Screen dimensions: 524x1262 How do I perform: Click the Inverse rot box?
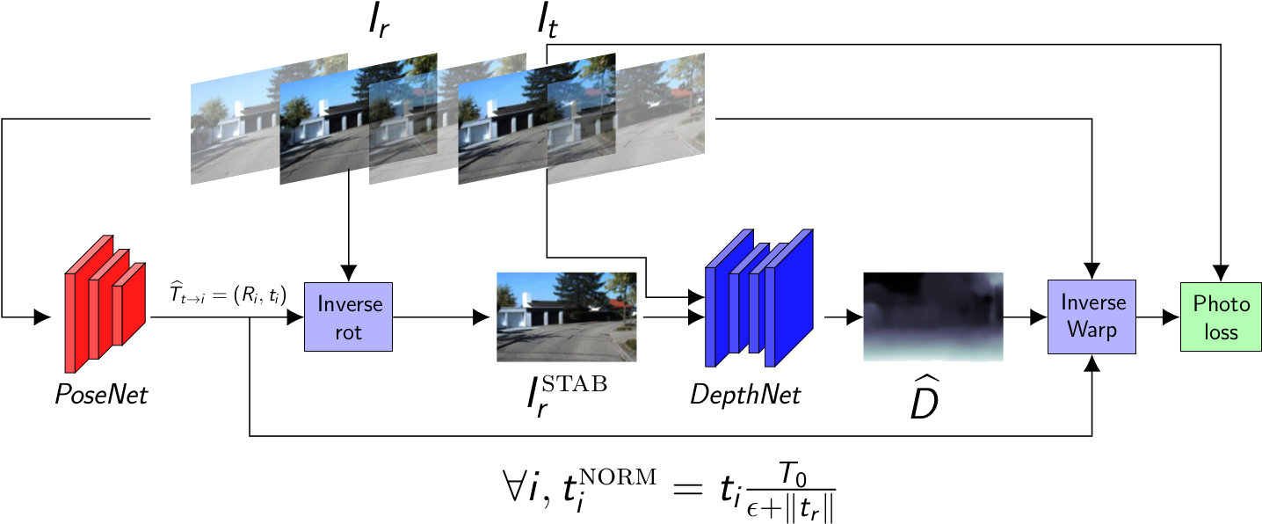pyautogui.click(x=348, y=317)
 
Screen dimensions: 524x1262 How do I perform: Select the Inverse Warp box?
pyautogui.click(x=1092, y=317)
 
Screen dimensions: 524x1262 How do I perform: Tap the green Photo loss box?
pyautogui.click(x=1221, y=317)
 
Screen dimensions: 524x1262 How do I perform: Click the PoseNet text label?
pyautogui.click(x=101, y=395)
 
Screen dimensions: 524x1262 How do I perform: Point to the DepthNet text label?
pyautogui.click(x=744, y=395)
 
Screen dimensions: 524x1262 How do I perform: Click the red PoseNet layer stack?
pyautogui.click(x=104, y=303)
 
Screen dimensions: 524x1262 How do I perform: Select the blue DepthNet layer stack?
pyautogui.click(x=758, y=297)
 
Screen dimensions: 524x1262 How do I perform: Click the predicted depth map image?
pyautogui.click(x=932, y=317)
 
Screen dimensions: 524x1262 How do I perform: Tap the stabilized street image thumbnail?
pyautogui.click(x=566, y=317)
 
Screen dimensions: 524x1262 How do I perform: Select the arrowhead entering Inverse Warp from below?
pyautogui.click(x=1092, y=362)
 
